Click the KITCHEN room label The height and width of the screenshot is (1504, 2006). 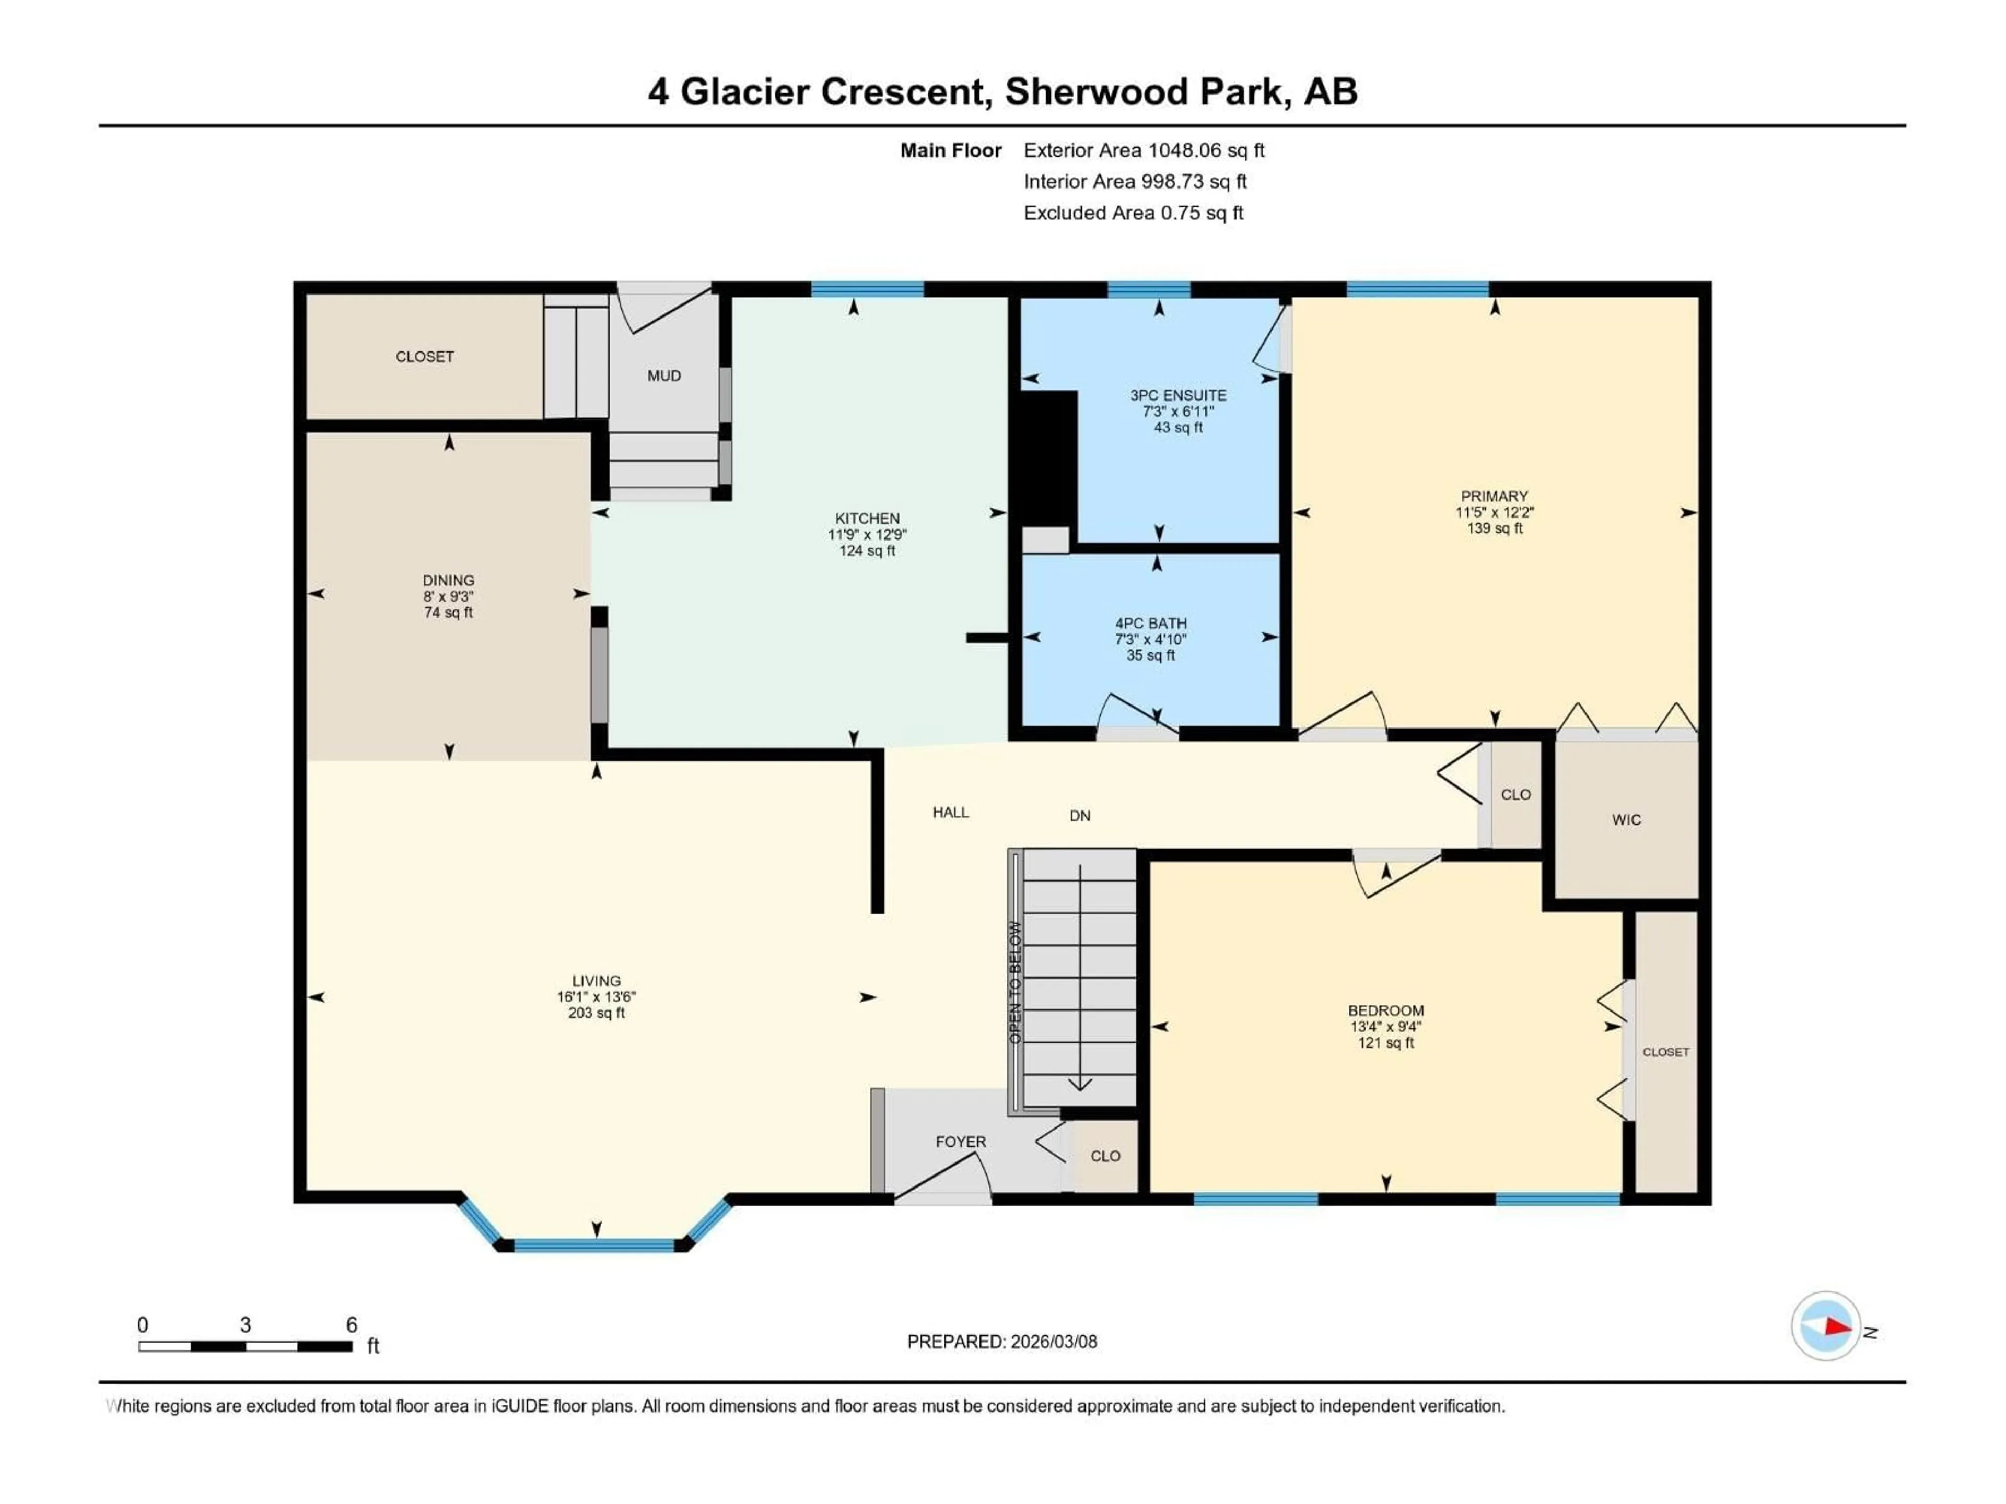[x=867, y=519]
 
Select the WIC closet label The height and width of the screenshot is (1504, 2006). [x=1626, y=819]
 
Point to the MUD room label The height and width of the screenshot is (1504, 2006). [x=664, y=375]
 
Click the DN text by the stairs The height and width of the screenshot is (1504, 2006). [x=1079, y=816]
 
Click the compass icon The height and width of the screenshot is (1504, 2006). [x=1826, y=1326]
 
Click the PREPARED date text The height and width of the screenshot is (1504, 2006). [x=1001, y=1342]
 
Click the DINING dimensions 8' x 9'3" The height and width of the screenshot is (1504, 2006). [x=448, y=596]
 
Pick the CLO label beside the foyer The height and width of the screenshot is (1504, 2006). [x=1104, y=1156]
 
